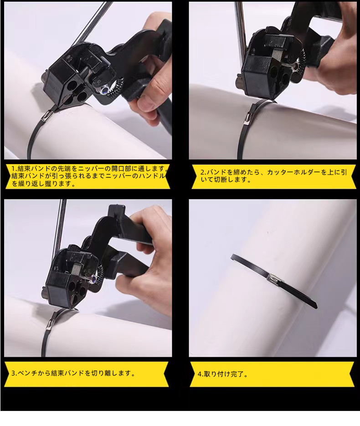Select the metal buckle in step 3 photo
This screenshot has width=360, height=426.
[x=51, y=323]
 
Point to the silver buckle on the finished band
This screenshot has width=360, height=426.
[x=273, y=278]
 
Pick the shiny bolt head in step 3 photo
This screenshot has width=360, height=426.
[x=93, y=279]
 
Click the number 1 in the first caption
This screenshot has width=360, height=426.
[x=13, y=169]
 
